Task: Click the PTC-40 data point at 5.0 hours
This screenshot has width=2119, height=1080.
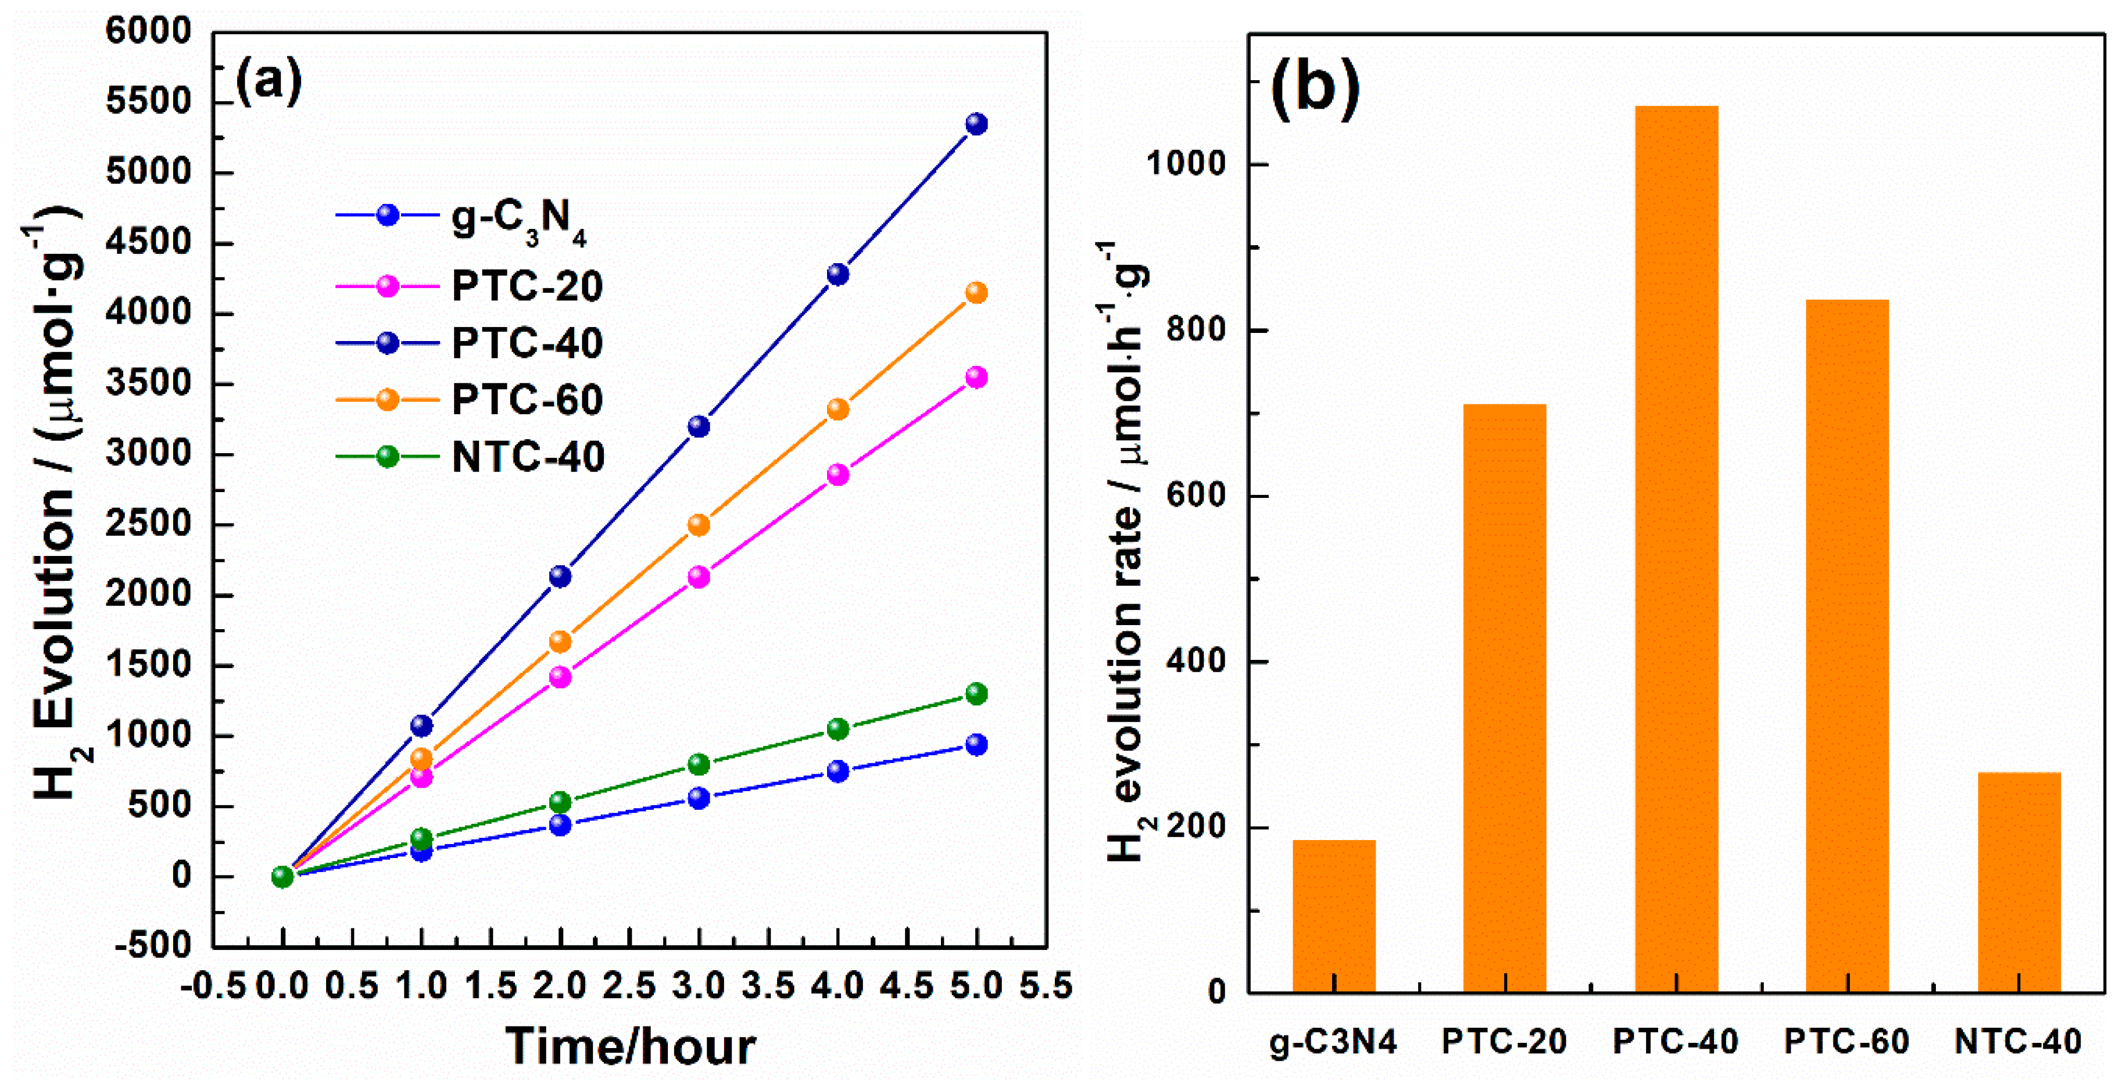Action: [x=976, y=124]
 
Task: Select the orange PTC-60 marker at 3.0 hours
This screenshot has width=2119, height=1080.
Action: [x=699, y=525]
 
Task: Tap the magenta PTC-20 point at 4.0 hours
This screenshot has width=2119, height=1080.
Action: [x=837, y=475]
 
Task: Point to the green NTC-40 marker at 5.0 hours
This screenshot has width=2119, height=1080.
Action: [x=976, y=694]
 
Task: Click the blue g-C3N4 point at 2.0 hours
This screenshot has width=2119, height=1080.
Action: [x=560, y=824]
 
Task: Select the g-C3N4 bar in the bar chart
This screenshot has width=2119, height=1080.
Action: [x=1333, y=916]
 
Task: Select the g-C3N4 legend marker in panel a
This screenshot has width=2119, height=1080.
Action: [x=388, y=216]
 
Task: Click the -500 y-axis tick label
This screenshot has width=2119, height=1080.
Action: [x=154, y=946]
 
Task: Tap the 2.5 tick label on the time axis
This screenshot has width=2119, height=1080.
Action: [x=629, y=985]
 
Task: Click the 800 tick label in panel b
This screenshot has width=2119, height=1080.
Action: [x=1197, y=330]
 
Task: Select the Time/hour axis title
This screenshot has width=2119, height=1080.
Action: [x=629, y=1046]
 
